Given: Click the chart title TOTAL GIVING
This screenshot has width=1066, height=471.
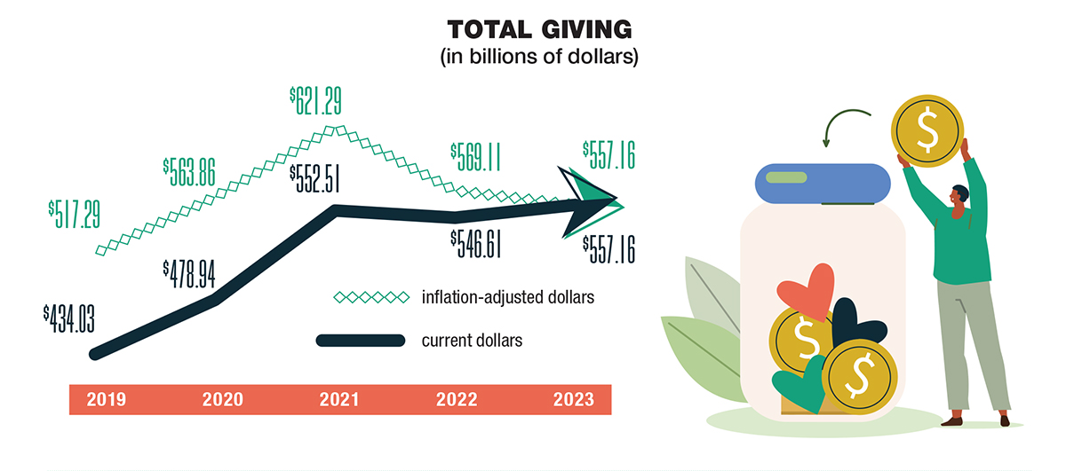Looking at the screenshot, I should pyautogui.click(x=540, y=29).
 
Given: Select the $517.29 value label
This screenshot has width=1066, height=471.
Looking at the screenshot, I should pyautogui.click(x=76, y=212).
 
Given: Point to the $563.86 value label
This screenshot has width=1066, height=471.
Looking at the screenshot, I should pyautogui.click(x=188, y=168).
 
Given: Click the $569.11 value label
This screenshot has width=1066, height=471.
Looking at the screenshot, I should pyautogui.click(x=475, y=156).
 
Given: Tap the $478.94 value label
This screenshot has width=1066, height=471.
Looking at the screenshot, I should pyautogui.click(x=189, y=271).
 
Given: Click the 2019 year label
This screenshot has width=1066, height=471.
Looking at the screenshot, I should pyautogui.click(x=105, y=400).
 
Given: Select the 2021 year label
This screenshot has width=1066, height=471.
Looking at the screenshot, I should pyautogui.click(x=339, y=400).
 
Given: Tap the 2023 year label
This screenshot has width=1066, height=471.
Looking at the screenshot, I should pyautogui.click(x=573, y=400).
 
